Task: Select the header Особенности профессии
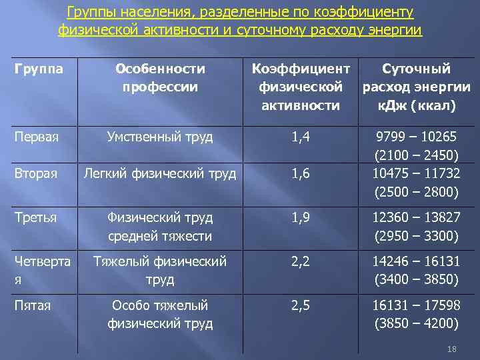160,77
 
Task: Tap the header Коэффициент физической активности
301,87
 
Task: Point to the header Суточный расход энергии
416,87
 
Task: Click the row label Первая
37,137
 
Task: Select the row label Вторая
36,173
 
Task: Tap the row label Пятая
33,305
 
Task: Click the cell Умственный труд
160,137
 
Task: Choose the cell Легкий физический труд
160,174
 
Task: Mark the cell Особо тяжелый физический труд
160,315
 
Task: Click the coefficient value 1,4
301,137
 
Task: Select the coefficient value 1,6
301,174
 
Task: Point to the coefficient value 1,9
301,217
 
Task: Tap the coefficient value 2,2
301,261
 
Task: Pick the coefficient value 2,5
301,305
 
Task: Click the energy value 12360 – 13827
416,217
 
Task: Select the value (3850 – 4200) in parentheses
416,324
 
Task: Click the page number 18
451,349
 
